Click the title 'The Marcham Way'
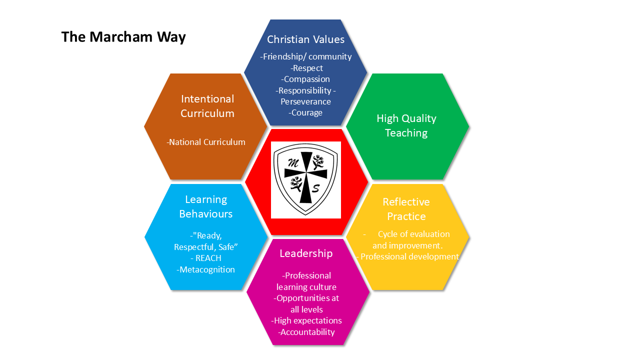coord(123,37)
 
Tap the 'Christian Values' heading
coord(305,39)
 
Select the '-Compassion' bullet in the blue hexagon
coord(305,79)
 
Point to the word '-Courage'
coord(305,112)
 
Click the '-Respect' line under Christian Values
coord(306,68)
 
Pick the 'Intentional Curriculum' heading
coord(207,106)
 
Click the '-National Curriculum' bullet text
coord(206,142)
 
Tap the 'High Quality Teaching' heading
coord(406,125)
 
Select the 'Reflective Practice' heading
coord(406,209)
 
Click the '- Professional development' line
coord(407,256)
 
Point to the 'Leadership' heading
coord(306,253)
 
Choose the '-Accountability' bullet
coord(306,332)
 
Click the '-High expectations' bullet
coord(306,320)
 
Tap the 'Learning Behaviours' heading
coord(206,206)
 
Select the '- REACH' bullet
coord(206,258)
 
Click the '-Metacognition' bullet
coord(205,269)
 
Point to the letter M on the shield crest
coord(293,163)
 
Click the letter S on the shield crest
coord(315,188)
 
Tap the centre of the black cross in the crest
coord(306,173)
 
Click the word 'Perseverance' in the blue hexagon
coord(305,101)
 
